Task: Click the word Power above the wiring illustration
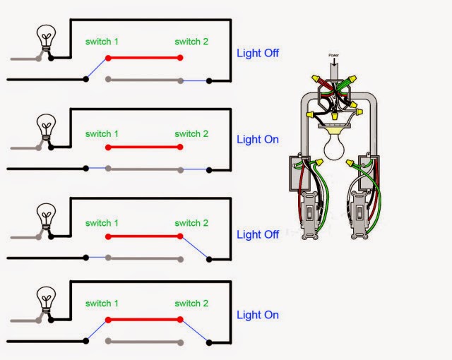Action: point(334,54)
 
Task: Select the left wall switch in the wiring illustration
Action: point(310,215)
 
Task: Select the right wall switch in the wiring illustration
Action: point(358,215)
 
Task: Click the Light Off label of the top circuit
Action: point(258,53)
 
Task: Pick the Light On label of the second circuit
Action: point(258,139)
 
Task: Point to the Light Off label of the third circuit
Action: point(258,234)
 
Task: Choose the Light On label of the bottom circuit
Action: point(258,314)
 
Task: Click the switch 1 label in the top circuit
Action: point(102,42)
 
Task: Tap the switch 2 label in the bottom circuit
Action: point(191,304)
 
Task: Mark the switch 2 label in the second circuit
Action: point(191,133)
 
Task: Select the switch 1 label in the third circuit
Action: point(102,223)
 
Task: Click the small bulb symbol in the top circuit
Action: point(46,40)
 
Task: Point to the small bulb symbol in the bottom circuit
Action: point(46,297)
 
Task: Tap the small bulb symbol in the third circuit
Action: point(46,215)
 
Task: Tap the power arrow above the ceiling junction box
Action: point(334,62)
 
